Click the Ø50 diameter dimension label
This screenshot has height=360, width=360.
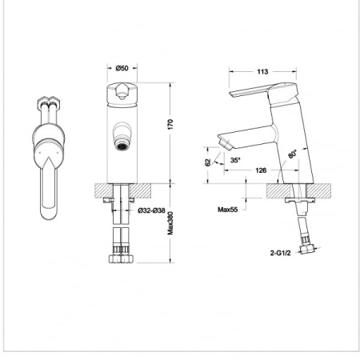click(x=122, y=68)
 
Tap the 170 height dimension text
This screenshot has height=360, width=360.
click(x=170, y=125)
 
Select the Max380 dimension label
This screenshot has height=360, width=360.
click(x=170, y=223)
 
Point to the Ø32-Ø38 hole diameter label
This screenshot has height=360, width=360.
click(x=151, y=210)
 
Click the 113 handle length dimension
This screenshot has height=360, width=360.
click(x=262, y=71)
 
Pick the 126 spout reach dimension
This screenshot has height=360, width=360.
click(x=261, y=170)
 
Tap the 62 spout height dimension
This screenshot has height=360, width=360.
click(x=208, y=162)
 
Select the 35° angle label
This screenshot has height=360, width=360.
click(x=235, y=160)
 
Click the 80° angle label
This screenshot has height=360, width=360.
click(x=292, y=154)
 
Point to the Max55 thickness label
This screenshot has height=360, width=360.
click(x=227, y=210)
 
